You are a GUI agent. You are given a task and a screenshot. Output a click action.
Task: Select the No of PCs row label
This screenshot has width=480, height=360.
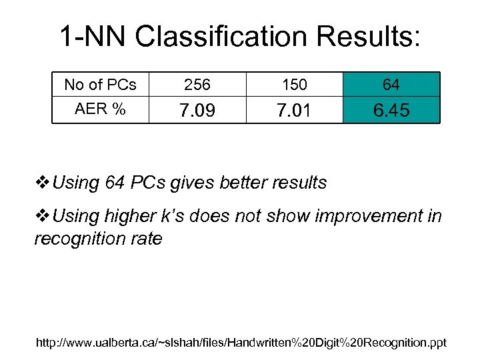[100, 85]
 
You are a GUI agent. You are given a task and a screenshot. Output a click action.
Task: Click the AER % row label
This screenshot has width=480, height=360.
[100, 109]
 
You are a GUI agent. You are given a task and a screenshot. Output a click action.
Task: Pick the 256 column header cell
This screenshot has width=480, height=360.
[197, 85]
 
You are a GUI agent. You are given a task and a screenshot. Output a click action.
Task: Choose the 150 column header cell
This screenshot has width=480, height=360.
[295, 85]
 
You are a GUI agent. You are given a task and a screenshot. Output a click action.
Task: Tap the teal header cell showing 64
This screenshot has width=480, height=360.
[391, 85]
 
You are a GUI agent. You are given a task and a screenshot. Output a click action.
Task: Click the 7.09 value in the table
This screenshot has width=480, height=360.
[197, 111]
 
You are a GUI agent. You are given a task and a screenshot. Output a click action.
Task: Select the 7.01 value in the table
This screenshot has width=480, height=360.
[295, 111]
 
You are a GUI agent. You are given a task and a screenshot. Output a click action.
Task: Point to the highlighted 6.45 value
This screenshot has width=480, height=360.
[391, 111]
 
